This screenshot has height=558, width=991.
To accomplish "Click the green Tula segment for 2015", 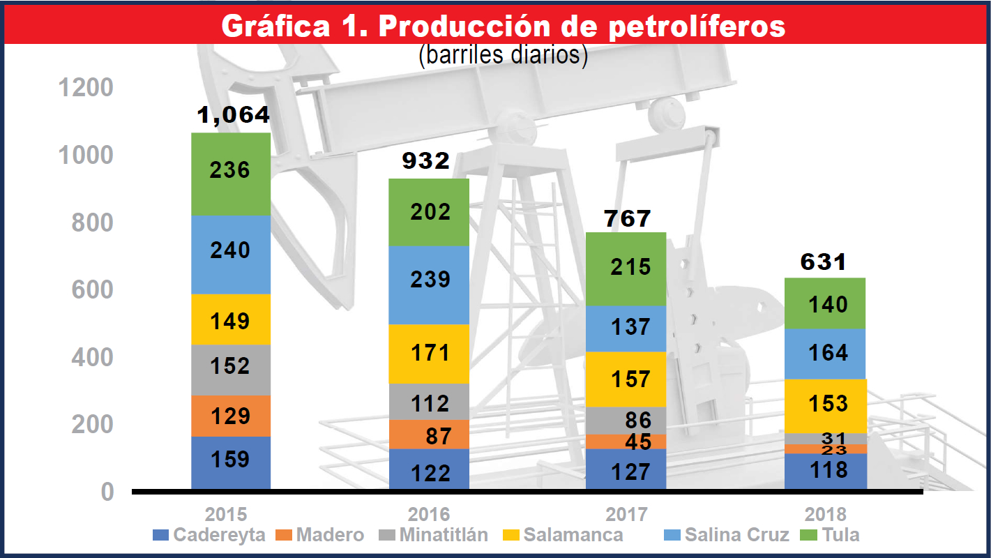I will pyautogui.click(x=231, y=174).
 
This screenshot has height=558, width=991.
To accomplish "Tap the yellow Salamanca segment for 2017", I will pyautogui.click(x=626, y=379).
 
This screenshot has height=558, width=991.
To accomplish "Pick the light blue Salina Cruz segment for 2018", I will pyautogui.click(x=826, y=353).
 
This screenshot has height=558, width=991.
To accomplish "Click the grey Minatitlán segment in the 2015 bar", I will pyautogui.click(x=231, y=369).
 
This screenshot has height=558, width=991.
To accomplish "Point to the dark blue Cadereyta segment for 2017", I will pyautogui.click(x=626, y=469).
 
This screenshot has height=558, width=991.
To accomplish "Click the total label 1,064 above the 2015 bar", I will pyautogui.click(x=233, y=116).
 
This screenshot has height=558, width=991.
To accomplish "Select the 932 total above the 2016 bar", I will pyautogui.click(x=425, y=162).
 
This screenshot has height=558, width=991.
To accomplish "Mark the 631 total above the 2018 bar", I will pyautogui.click(x=824, y=262).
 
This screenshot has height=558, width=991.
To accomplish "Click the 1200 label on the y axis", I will pyautogui.click(x=86, y=88).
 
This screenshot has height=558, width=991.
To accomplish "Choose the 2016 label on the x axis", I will pyautogui.click(x=428, y=515).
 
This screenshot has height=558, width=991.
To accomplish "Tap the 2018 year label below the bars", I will pyautogui.click(x=825, y=515).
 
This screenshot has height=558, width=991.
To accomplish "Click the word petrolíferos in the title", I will pyautogui.click(x=697, y=27).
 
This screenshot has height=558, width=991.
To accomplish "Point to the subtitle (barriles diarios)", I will pyautogui.click(x=502, y=54).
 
